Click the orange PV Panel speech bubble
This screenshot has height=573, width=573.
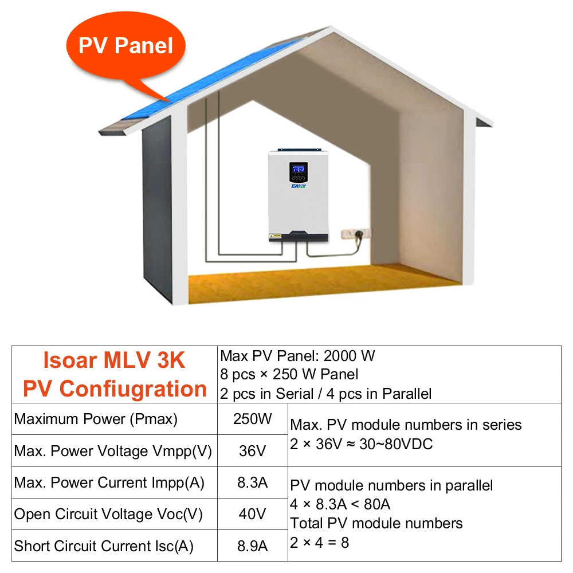(125, 46)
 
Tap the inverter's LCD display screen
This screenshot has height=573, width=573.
(297, 170)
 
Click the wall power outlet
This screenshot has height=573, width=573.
(355, 234)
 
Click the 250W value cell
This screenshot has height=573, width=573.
(252, 419)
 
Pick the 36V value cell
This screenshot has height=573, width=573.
(252, 451)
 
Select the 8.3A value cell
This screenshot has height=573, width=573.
(252, 482)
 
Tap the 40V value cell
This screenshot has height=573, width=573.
(252, 514)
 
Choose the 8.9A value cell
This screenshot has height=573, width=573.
(252, 545)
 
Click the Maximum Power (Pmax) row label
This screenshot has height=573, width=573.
(96, 419)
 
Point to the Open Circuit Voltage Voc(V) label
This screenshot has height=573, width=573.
(108, 514)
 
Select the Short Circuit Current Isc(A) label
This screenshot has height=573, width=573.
(104, 545)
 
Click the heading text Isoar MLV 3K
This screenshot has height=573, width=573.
(114, 361)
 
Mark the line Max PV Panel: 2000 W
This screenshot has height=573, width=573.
(297, 356)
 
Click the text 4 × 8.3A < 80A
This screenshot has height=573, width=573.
(340, 504)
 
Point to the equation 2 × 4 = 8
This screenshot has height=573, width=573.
(319, 541)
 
